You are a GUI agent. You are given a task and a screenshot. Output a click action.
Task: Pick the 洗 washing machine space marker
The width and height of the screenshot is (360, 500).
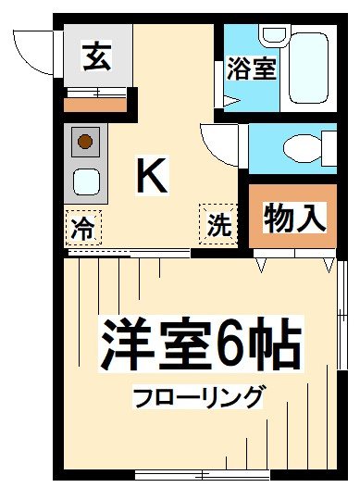point(217,223)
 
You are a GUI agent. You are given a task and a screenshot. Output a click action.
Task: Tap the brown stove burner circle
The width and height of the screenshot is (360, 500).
point(85,142)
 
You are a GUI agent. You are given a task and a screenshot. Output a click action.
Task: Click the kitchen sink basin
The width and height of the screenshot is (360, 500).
point(86,181)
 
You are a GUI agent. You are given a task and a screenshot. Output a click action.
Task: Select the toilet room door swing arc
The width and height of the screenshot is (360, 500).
point(217,144)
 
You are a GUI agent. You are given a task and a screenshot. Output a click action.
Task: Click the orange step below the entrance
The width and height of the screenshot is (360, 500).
point(95,104)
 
